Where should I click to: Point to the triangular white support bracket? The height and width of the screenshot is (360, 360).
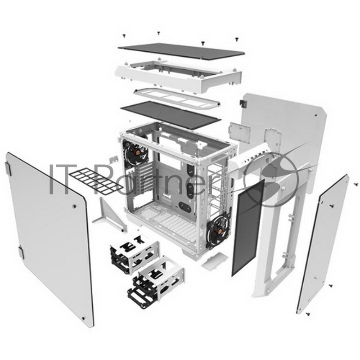[110, 215]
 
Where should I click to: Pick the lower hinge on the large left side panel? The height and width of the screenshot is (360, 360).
[21, 252]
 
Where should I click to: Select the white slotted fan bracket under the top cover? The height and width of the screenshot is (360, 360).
[177, 98]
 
